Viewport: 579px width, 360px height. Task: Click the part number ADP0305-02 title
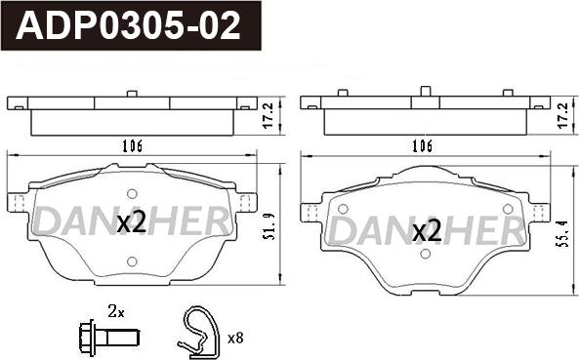(x=128, y=25)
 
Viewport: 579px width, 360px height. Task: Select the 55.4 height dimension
(x=562, y=233)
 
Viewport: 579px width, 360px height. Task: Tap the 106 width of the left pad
(x=132, y=146)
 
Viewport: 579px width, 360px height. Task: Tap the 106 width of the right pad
(x=422, y=146)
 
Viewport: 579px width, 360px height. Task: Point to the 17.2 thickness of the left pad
(x=269, y=115)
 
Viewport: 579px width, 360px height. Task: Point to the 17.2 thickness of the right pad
(x=562, y=115)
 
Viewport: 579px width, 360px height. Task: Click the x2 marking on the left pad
(x=132, y=222)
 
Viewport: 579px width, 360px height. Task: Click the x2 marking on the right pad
(x=427, y=231)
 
